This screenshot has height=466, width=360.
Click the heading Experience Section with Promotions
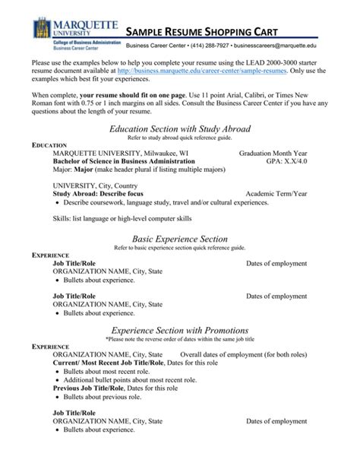point(180,331)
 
